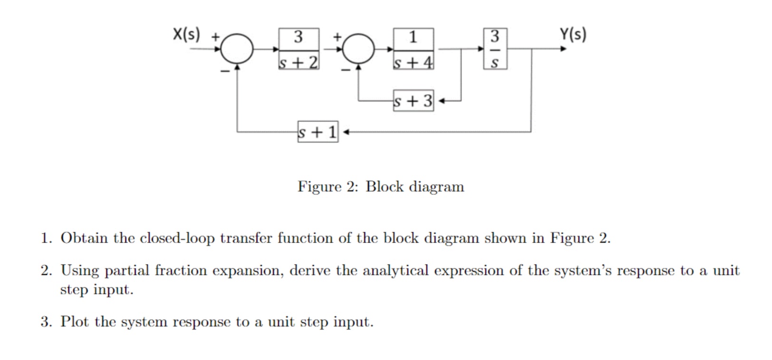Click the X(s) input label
(x=186, y=35)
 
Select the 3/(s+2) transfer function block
(x=299, y=49)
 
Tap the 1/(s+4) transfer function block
(x=413, y=49)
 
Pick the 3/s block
(x=495, y=49)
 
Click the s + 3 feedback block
(x=413, y=101)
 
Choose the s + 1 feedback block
(x=318, y=132)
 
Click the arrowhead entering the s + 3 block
(x=442, y=101)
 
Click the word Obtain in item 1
(x=84, y=238)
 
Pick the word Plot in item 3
(x=74, y=322)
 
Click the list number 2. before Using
(x=47, y=271)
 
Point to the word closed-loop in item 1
(x=177, y=238)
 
